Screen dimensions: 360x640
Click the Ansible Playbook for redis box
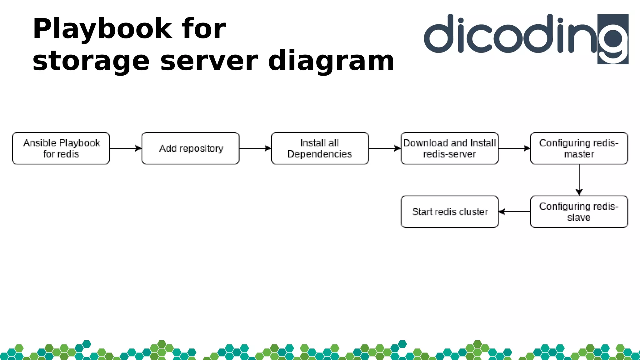pos(61,148)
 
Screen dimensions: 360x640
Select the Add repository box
pos(190,148)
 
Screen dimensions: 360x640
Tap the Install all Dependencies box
pos(320,148)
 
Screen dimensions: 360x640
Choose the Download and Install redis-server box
pos(449,148)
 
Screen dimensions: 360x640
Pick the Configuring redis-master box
pos(579,148)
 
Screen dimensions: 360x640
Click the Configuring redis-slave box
pos(579,212)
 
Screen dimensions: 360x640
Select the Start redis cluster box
pos(449,212)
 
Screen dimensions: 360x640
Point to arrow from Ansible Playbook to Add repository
pos(125,148)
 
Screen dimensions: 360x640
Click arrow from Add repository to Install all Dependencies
pos(255,148)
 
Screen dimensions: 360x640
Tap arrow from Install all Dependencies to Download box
pos(384,148)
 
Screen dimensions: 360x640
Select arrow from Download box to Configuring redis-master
pos(514,148)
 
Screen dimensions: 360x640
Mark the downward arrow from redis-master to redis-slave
pos(579,180)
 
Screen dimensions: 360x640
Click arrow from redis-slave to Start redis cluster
pos(514,212)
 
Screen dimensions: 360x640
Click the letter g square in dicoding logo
pos(613,39)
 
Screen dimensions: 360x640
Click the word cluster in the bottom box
pos(473,212)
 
